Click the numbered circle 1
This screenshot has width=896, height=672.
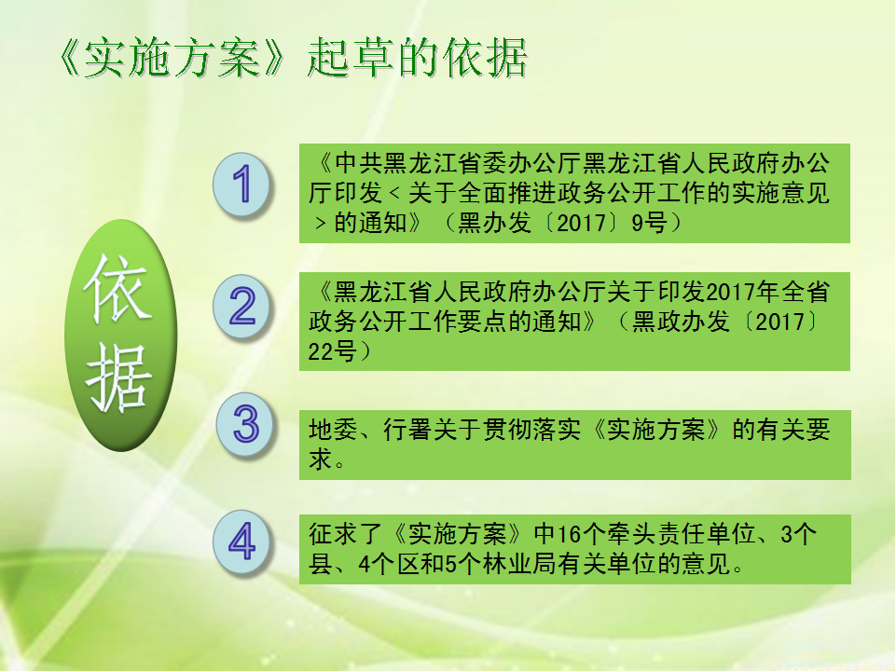click(241, 184)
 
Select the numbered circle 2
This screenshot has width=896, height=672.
click(241, 306)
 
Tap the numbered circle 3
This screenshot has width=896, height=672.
click(246, 424)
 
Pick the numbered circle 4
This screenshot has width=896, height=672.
click(241, 542)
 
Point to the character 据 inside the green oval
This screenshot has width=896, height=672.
click(119, 377)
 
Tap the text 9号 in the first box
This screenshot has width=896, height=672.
click(649, 223)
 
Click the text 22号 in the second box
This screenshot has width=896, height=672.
click(333, 350)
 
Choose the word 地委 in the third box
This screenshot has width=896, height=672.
click(333, 430)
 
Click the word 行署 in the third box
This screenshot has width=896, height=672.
click(408, 430)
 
